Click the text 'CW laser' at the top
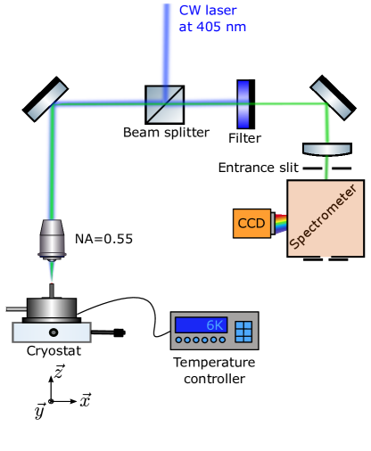pos(208,11)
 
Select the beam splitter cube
pos(164,103)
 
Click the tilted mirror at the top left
pos(47,101)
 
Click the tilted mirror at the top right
pos(331,98)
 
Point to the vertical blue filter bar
pos(243,104)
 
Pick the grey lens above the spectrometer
pos(326,150)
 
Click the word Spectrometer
pos(325,217)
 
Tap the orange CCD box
pos(251,223)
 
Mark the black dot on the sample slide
pos(54,332)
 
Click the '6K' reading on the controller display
pos(213,325)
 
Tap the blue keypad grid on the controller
pos(243,332)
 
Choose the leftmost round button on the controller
pos(178,340)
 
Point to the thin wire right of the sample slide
pos(102,332)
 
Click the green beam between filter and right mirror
pos(285,103)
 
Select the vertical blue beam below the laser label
pos(166,53)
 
